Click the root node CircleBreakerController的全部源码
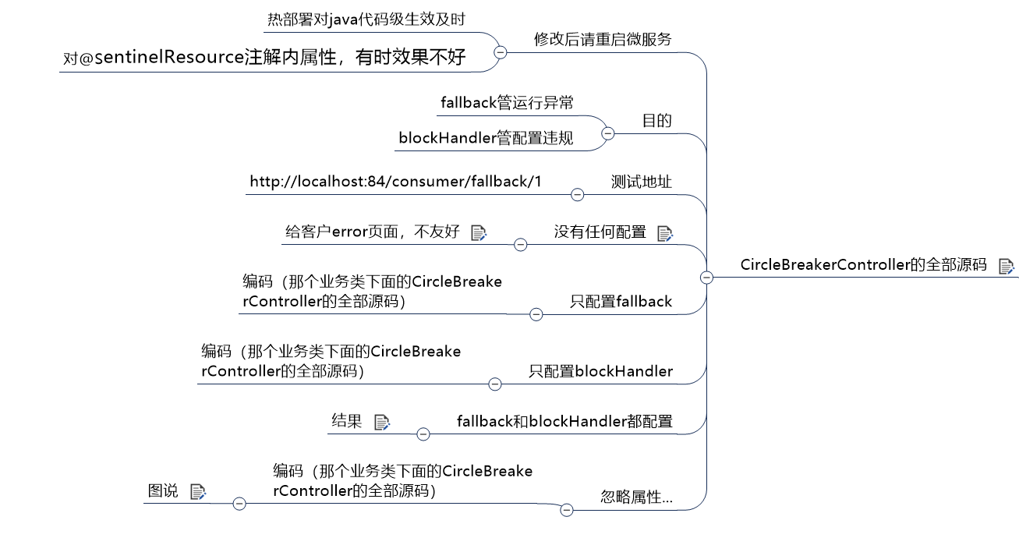[863, 264]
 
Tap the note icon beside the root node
[1007, 266]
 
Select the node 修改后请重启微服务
[603, 39]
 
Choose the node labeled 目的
[656, 121]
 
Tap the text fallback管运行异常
[507, 102]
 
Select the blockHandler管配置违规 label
[486, 138]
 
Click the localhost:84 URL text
[395, 182]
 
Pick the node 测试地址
[641, 182]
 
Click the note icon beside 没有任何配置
[665, 232]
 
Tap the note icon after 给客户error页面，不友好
[479, 232]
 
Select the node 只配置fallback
[621, 301]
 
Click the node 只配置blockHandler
[600, 371]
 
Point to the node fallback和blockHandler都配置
[564, 422]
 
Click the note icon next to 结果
[382, 422]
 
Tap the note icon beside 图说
[198, 491]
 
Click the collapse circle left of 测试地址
[578, 194]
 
